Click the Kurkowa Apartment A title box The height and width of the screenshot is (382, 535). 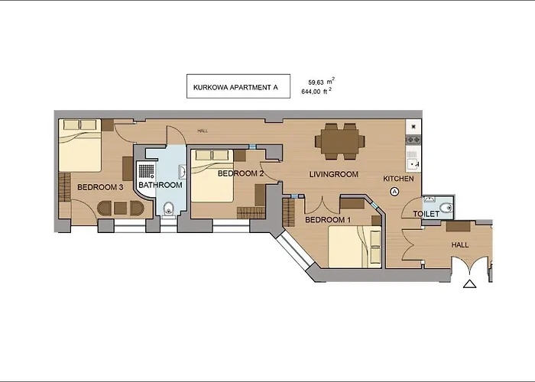point(238,86)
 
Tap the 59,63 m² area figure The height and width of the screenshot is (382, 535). point(321,82)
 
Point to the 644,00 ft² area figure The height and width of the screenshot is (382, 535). point(316,91)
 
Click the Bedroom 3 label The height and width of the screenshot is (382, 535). point(100,187)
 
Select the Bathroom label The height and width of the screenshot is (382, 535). point(160,185)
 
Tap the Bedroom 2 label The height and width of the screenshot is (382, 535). point(241,173)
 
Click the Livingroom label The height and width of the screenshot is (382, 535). point(334,174)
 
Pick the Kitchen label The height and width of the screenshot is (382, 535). point(398,178)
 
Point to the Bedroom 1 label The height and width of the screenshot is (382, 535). point(328,220)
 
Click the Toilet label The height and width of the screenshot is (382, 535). point(426,214)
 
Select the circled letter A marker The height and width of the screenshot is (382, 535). point(394,192)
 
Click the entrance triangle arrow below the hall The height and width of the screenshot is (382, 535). point(469,283)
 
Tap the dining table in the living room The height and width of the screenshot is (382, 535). point(339,141)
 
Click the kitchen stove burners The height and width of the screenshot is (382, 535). point(413,139)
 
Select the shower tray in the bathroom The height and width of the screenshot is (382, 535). point(146,176)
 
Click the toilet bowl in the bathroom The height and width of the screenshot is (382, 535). point(168,209)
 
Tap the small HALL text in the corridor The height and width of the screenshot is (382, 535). point(203,131)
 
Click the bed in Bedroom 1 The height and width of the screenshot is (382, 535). point(355,247)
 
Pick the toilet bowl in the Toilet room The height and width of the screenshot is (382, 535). point(446,207)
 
